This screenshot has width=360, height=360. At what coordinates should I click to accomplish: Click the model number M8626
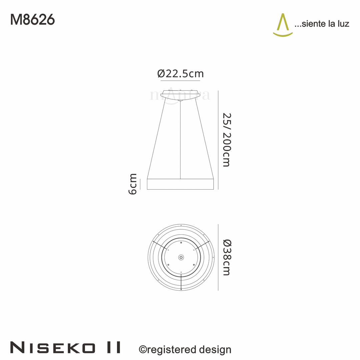32,20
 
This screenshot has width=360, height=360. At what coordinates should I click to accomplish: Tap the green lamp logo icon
283,25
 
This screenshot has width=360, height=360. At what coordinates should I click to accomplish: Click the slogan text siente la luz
322,24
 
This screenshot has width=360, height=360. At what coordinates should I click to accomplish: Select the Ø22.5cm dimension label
180,73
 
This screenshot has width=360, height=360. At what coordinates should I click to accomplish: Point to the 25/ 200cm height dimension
226,140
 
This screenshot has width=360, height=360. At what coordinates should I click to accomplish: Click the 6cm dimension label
133,184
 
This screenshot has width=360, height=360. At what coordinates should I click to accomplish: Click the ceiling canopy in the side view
180,94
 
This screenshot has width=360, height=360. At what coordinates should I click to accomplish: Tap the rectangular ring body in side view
180,184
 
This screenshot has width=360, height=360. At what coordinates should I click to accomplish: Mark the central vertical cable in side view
180,140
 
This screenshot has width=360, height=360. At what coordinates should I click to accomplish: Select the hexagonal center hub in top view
181,257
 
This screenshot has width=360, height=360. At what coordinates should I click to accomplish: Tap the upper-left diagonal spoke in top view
159,245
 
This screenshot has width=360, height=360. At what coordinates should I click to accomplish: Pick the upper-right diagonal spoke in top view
202,245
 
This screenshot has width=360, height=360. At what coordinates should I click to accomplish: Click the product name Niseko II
65,348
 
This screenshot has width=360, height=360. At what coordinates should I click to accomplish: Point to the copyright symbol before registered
143,349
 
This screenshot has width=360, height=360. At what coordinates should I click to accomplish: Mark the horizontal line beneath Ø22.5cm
180,81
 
